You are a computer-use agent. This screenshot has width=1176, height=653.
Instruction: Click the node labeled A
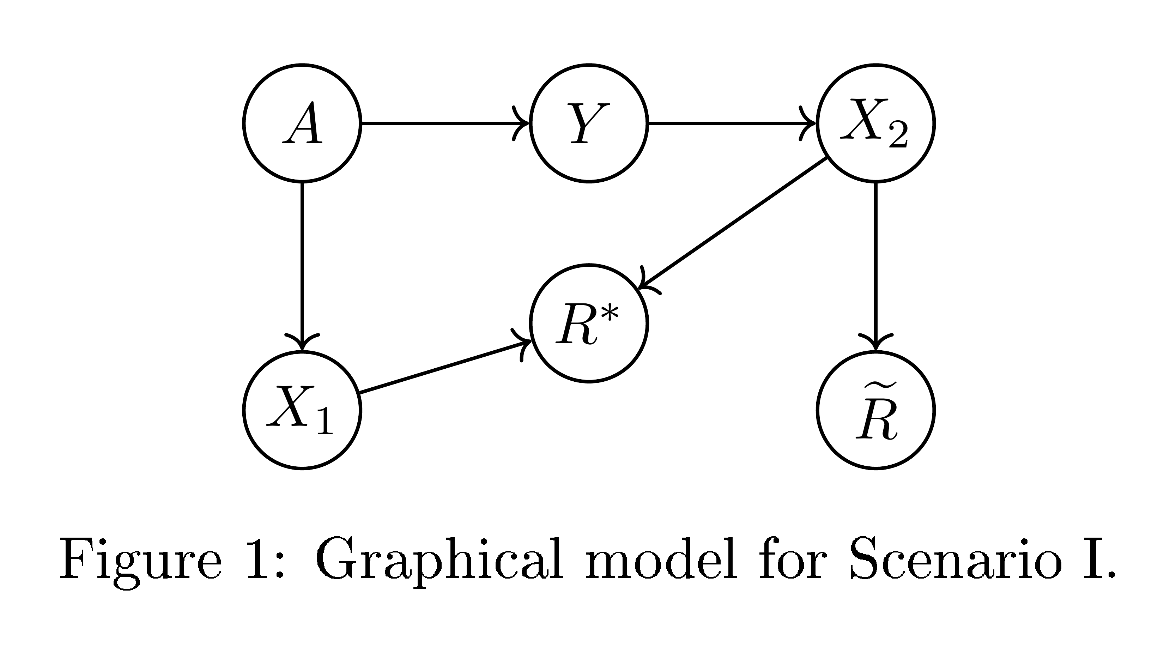pyautogui.click(x=302, y=123)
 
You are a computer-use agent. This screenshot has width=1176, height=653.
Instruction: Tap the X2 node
pyautogui.click(x=875, y=123)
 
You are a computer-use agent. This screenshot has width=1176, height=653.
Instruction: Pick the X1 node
pyautogui.click(x=302, y=410)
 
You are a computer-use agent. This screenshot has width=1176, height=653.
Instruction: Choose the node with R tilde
pyautogui.click(x=875, y=410)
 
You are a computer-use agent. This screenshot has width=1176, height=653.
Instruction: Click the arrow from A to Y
pyautogui.click(x=445, y=123)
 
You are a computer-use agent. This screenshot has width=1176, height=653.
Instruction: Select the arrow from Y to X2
pyautogui.click(x=732, y=123)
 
